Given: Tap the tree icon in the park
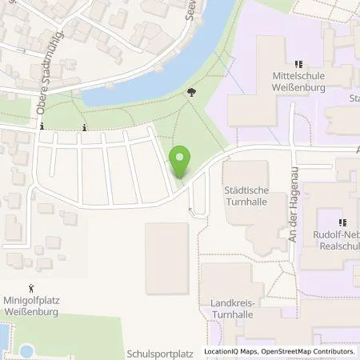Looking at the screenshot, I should pos(190,93).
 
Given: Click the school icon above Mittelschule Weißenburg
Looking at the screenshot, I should pos(297,64).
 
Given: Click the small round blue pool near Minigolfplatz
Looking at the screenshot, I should pos(27,350).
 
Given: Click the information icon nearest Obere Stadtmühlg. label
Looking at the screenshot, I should pos(40,127).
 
